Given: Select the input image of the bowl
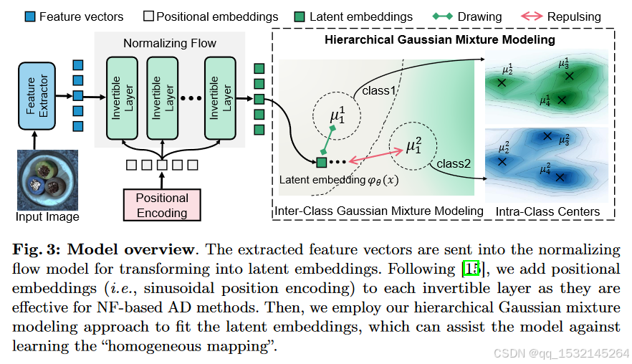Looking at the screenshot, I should tap(47, 179).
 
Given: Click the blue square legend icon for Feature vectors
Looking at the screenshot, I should tap(29, 16).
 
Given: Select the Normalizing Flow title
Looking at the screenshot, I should tap(169, 43).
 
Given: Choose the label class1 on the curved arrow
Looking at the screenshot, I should tap(379, 91).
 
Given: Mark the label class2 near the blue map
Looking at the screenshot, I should tap(454, 163).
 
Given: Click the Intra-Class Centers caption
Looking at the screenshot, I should tap(547, 211).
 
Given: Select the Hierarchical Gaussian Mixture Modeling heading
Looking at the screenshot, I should tap(440, 39).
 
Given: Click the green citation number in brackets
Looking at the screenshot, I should tap(470, 269).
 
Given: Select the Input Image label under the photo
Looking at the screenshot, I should tap(47, 216).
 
